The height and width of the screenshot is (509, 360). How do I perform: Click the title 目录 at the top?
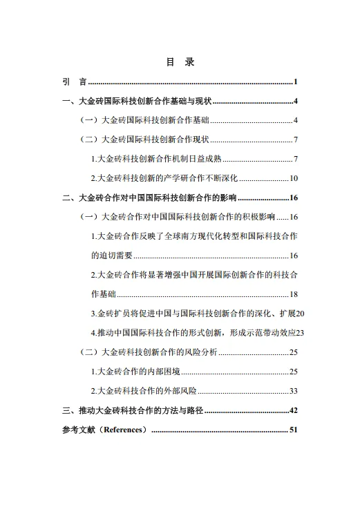tap(180, 62)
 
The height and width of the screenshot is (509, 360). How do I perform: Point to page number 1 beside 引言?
tap(295, 82)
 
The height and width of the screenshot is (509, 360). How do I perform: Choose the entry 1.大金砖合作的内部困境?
tap(135, 372)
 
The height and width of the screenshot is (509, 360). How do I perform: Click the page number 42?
tap(293, 410)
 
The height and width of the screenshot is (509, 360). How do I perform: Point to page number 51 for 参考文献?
tap(293, 430)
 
